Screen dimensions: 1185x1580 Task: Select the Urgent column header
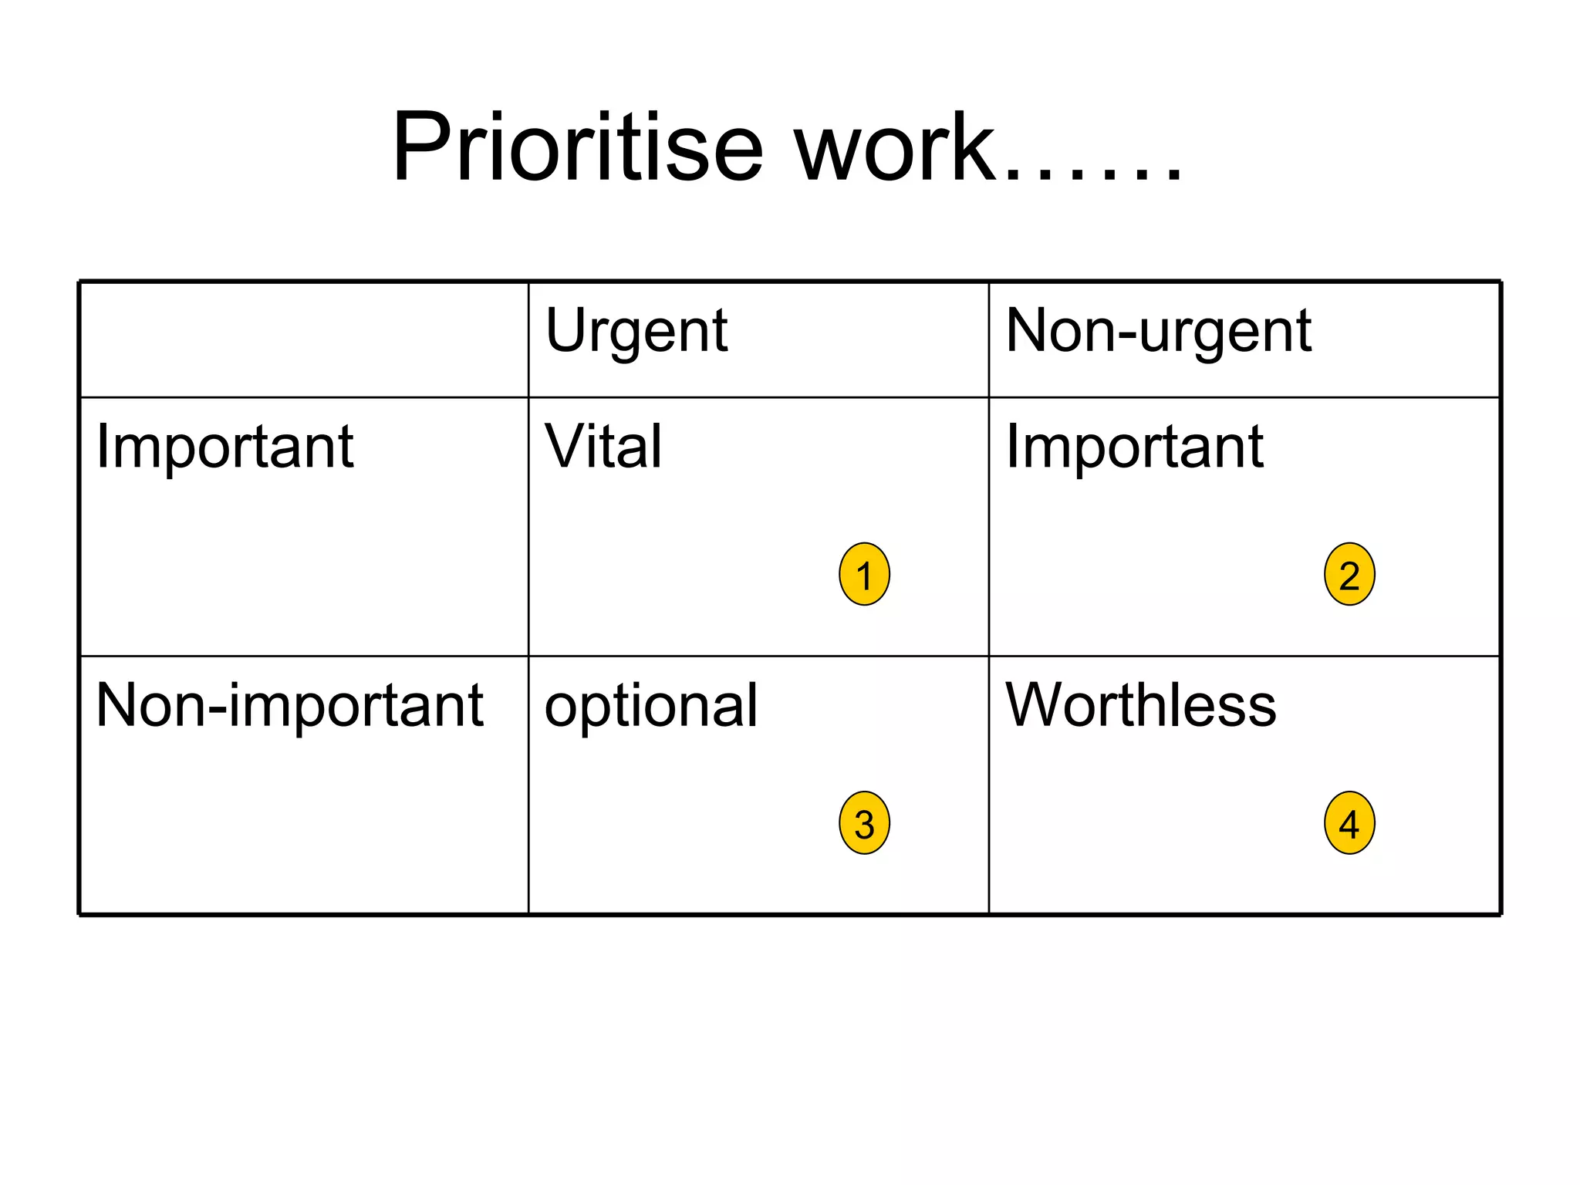636,332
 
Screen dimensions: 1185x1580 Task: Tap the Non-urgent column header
1158,332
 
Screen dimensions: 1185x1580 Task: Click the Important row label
225,447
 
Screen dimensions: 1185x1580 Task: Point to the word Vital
603,447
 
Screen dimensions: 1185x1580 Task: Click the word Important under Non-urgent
1134,447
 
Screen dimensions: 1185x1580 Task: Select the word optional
651,707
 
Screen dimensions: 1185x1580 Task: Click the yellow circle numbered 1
864,574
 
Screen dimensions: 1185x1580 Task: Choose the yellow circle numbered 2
1349,574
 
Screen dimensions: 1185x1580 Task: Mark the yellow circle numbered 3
864,822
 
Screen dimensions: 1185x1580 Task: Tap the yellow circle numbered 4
1349,822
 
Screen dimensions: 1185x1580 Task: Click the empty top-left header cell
304,339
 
